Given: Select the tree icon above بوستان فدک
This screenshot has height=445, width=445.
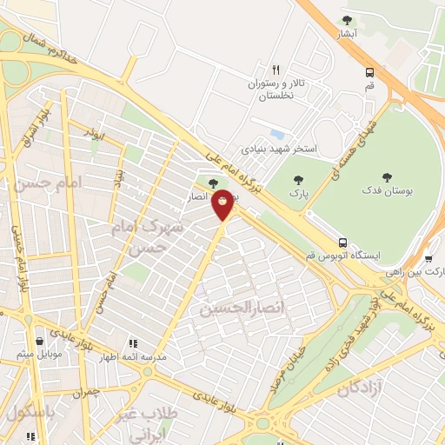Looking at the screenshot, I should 386,176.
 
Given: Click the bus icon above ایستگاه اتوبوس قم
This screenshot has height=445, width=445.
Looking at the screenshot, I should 344,242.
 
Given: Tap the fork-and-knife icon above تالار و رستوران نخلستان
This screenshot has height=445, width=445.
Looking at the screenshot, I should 276,69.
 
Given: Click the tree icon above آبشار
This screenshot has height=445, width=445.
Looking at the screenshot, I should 348,20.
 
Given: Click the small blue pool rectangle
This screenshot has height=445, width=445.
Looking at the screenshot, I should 277,135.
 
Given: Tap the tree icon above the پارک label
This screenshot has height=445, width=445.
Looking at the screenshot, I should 299,180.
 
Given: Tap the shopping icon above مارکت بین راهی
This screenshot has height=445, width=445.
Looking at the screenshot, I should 429,257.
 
